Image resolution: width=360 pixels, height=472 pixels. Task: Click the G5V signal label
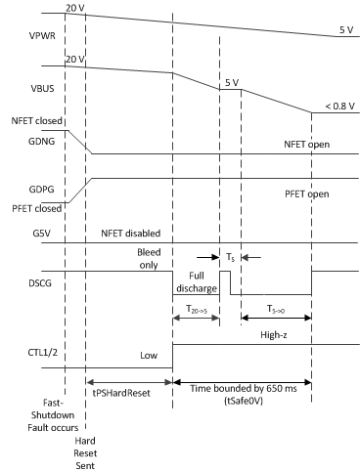[x=18, y=235]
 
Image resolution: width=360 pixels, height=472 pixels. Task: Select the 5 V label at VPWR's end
[x=344, y=29]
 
